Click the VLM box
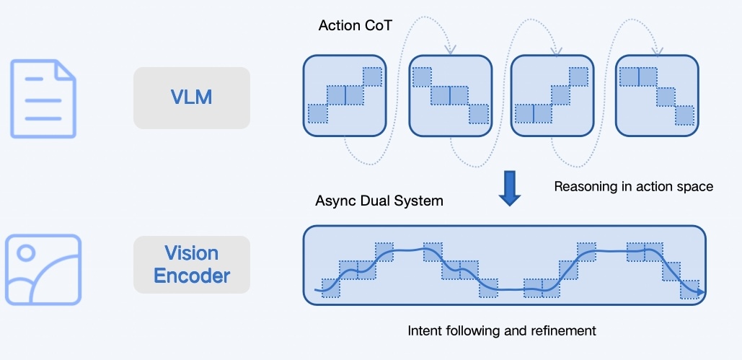[192, 97]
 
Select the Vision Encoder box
[192, 264]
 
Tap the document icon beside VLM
[43, 98]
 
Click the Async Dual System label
[379, 201]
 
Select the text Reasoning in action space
[633, 187]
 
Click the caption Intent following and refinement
[502, 331]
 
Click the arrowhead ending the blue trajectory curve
[701, 291]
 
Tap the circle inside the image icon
[27, 253]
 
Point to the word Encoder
[192, 276]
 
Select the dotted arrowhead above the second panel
[450, 51]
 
